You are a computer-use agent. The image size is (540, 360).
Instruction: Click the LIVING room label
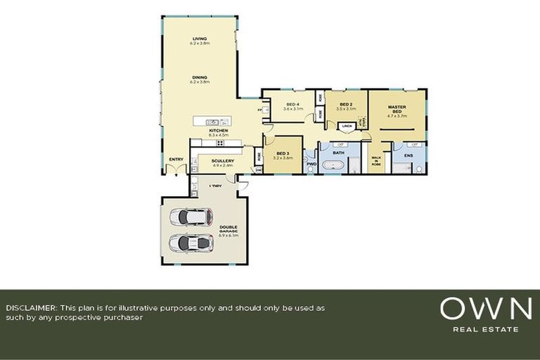pos(200,39)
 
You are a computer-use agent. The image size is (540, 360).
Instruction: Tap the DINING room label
pos(200,78)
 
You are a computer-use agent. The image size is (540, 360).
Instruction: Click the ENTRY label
pos(176,159)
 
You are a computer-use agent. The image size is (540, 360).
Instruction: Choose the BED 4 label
pos(292,105)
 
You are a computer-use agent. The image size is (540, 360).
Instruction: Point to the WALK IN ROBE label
pos(375,160)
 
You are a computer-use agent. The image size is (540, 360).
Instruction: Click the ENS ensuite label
pos(409,155)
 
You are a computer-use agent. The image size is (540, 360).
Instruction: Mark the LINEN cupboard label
pos(347,127)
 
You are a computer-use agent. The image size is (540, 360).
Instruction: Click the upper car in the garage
pos(191,217)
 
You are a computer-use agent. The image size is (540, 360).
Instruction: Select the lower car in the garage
pos(191,243)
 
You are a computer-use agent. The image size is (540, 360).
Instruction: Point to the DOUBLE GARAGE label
pos(229,229)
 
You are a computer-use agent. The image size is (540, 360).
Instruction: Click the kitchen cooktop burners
pos(220,143)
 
